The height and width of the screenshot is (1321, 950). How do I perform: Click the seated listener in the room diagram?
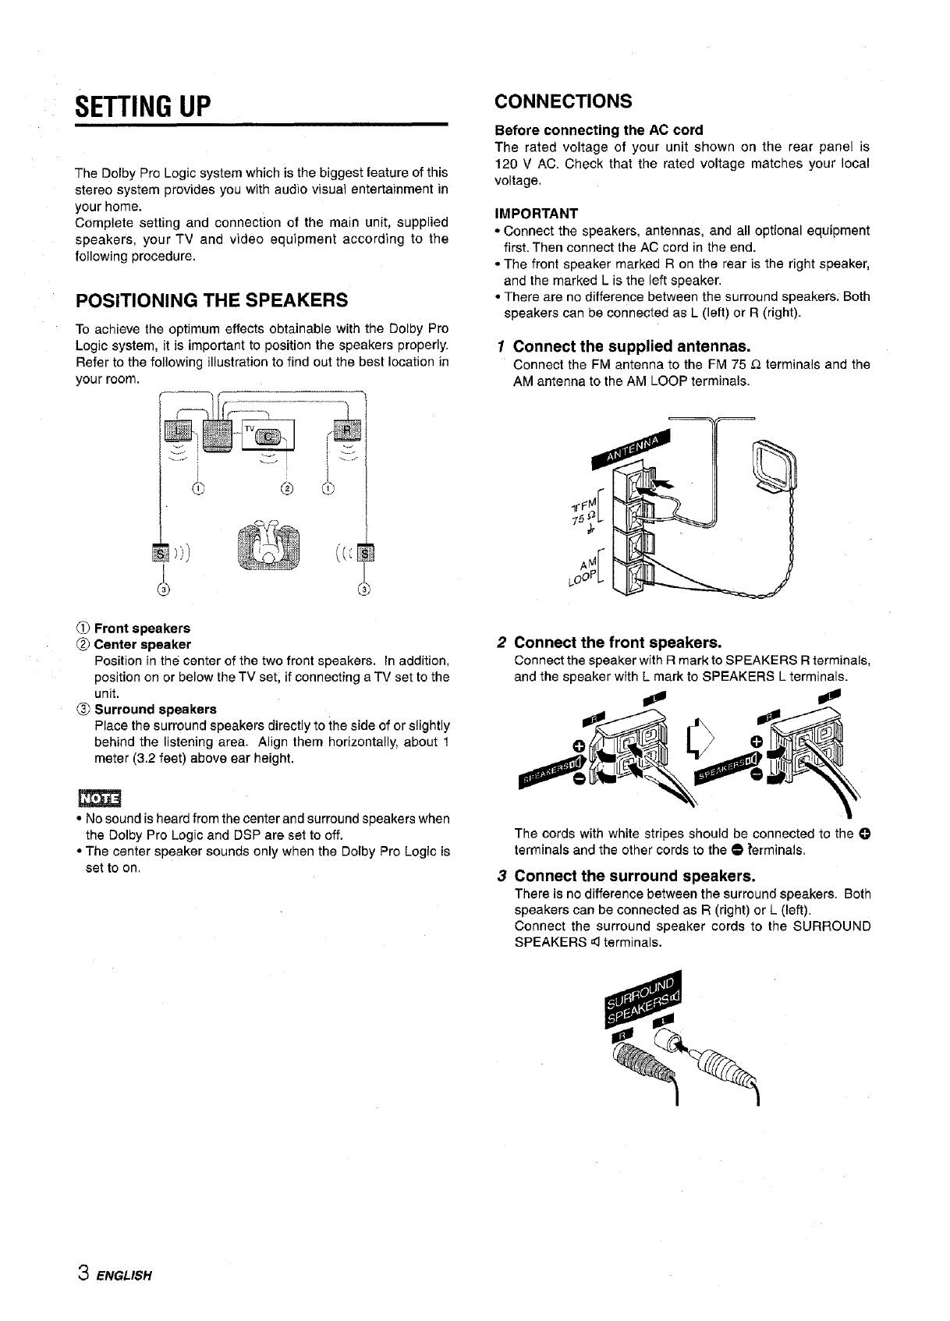268,544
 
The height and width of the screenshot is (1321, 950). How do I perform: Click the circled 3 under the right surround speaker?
364,589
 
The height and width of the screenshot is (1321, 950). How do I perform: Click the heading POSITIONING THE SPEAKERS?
211,300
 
